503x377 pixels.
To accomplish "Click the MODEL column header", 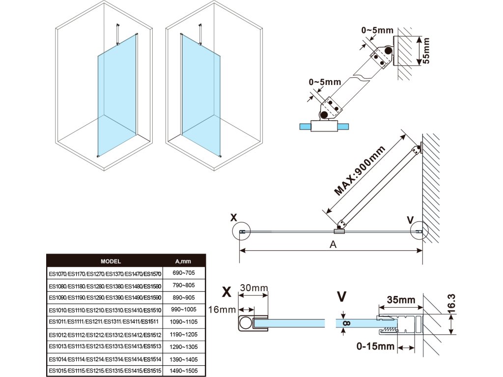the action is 111,261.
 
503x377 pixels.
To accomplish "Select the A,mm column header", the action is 183,261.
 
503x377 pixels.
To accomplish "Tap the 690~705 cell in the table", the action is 184,273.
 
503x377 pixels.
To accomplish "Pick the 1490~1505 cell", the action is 184,371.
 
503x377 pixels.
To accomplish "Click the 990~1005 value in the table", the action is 184,309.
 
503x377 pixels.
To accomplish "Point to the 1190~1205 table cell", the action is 184,334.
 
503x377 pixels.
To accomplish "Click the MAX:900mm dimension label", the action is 359,170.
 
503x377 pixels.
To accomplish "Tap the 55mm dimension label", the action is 426,51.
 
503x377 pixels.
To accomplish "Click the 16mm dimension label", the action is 222,309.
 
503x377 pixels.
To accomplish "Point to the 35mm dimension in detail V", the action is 401,300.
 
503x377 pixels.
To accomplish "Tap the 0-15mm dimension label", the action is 375,346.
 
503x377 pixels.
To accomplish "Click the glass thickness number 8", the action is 347,323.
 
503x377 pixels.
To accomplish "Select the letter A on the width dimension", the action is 333,244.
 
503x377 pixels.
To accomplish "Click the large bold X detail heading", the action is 226,292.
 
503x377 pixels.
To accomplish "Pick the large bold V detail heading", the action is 342,296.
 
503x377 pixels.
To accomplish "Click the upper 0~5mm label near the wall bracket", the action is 377,30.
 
